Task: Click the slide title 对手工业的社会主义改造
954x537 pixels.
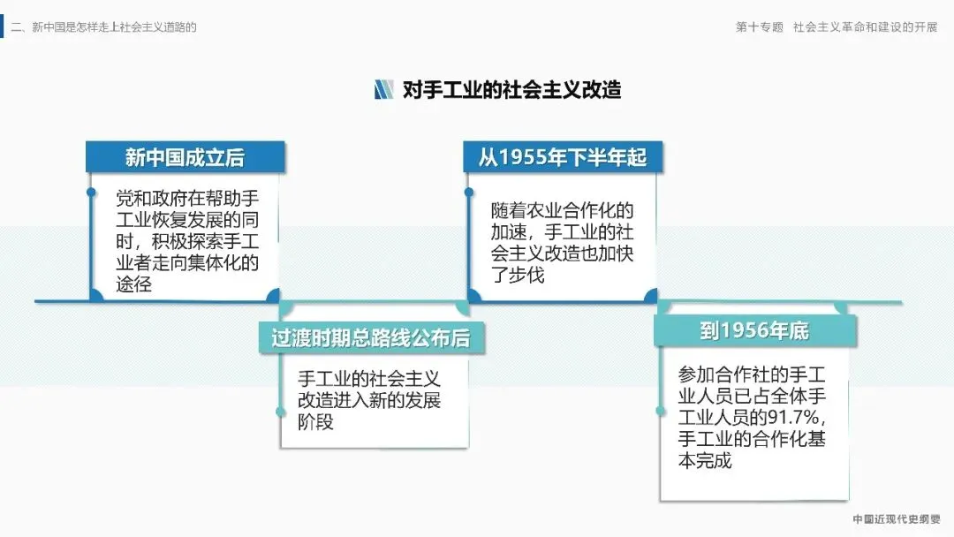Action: click(x=511, y=89)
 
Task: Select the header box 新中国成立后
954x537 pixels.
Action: click(x=185, y=157)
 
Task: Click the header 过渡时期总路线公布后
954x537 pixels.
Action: click(x=370, y=338)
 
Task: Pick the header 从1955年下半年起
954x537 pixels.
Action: click(x=563, y=157)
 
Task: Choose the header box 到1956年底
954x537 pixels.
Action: click(x=754, y=330)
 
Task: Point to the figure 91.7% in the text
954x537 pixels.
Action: click(x=798, y=417)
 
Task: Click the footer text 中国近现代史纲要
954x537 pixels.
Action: click(x=896, y=519)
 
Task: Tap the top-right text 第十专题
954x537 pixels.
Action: click(x=760, y=27)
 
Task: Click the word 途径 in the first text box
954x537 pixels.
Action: click(x=133, y=284)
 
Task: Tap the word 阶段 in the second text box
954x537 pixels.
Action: click(x=315, y=422)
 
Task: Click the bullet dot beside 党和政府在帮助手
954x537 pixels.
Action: click(x=91, y=192)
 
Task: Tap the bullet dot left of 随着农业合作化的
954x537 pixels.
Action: click(x=468, y=191)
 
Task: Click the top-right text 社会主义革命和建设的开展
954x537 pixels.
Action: click(x=865, y=27)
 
